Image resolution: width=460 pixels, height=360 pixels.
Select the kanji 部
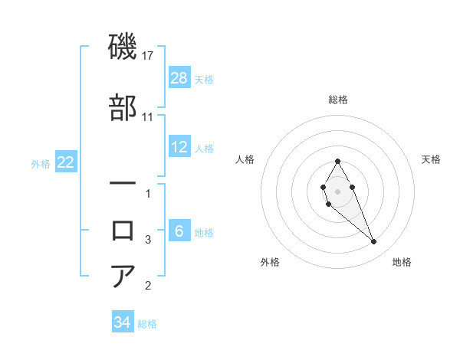(123, 108)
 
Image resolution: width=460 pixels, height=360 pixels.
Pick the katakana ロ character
(123, 229)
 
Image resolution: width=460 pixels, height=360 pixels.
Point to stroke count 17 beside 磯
(149, 56)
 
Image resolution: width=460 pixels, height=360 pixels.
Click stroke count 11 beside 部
(149, 117)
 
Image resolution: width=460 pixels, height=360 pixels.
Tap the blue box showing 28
(179, 77)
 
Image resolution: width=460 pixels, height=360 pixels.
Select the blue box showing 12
(179, 147)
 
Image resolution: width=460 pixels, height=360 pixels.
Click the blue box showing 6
(179, 231)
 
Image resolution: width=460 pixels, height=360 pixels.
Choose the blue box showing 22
(65, 162)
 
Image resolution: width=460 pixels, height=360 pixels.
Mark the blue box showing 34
(123, 322)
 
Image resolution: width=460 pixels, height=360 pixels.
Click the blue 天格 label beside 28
(204, 79)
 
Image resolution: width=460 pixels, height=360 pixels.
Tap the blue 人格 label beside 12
(204, 149)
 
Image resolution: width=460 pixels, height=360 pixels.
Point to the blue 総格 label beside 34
(147, 324)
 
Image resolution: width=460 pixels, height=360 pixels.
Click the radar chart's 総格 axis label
(337, 100)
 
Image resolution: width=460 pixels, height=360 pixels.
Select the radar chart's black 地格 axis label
(402, 263)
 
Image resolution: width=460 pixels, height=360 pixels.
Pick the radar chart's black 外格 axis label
(270, 263)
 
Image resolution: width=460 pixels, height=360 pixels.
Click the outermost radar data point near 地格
(374, 242)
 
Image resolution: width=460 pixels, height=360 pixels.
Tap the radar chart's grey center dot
(337, 190)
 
